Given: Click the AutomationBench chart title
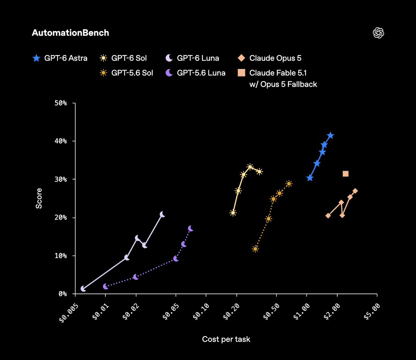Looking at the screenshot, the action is tap(70, 33).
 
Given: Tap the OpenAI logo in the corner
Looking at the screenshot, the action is tap(378, 33).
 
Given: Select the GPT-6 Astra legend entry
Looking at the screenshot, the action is tap(60, 58).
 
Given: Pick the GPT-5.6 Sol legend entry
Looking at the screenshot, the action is tap(126, 73).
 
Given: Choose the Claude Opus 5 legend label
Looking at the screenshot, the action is tap(275, 58).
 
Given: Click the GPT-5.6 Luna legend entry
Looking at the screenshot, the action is tap(195, 73).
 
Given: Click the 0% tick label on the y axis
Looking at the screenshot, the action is tap(63, 294).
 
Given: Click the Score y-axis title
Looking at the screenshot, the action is tap(39, 198).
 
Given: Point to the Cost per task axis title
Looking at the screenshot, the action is tap(226, 339).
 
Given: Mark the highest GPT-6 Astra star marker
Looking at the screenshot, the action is tap(330, 135).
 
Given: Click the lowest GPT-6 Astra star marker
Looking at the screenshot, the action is tap(310, 178).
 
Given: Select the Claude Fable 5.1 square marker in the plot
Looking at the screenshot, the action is tap(346, 174).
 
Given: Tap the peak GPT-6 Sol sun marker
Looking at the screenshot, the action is tap(250, 167).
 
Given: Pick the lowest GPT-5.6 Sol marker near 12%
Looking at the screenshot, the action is tap(255, 249).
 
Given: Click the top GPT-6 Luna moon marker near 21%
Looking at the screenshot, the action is tap(162, 214).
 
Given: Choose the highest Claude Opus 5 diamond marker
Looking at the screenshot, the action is tap(355, 191).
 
